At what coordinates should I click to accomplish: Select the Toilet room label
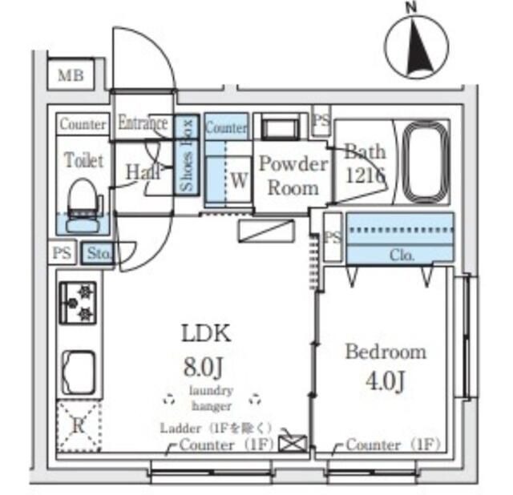pos(83,160)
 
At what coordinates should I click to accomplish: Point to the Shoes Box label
pos(187,155)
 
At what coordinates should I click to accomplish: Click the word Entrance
pos(143,123)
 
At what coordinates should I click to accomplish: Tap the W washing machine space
pos(239,180)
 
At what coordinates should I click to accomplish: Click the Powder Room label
pos(293,176)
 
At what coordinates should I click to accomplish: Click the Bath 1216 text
pos(365,163)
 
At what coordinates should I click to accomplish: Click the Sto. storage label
pos(99,254)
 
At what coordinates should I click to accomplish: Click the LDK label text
pos(205,332)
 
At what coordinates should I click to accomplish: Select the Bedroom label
pos(385,352)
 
